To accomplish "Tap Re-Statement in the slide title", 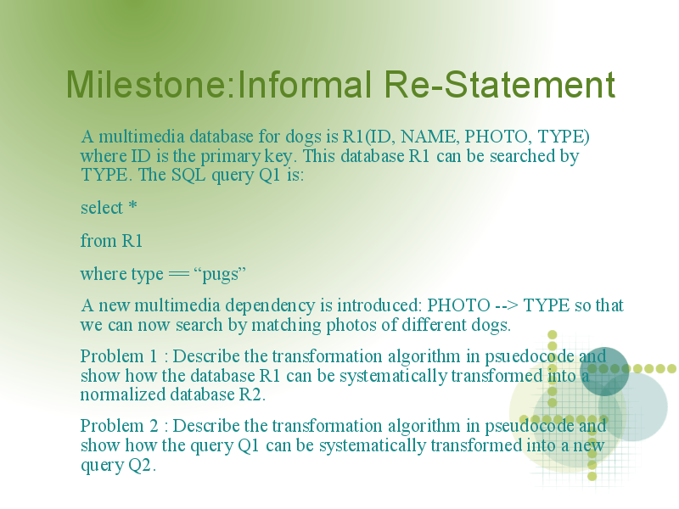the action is pos(500,84).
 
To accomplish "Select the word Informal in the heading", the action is pos(305,84).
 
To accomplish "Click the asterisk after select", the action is pos(132,205).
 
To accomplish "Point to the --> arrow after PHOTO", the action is pos(506,306).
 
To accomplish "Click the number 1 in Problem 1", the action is pos(153,356).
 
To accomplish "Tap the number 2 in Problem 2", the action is pos(154,426).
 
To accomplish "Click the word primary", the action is pos(230,157).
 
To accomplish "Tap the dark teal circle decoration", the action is pos(604,372).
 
